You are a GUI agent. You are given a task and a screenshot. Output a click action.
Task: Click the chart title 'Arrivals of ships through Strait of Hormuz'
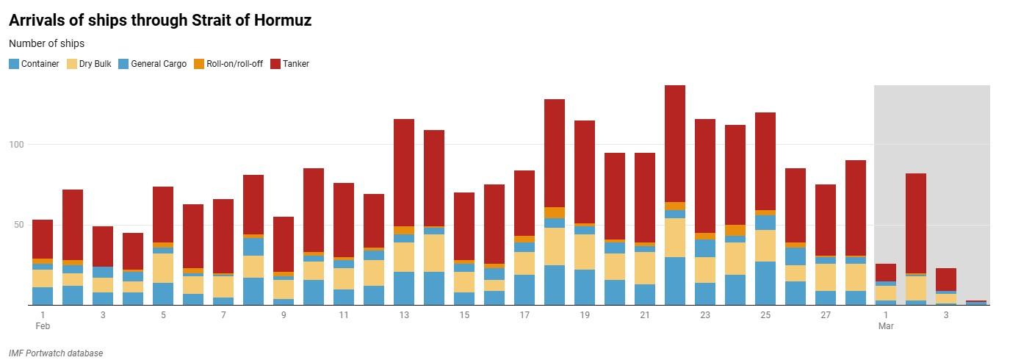(x=160, y=21)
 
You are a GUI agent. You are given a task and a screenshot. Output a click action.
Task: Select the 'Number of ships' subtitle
(x=46, y=43)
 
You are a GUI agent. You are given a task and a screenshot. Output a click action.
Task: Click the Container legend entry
(x=34, y=64)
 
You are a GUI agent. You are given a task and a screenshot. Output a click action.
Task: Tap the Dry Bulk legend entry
(x=90, y=64)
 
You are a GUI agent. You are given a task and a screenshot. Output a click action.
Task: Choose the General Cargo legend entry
(x=152, y=64)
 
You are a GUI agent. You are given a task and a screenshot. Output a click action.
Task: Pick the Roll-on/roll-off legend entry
(x=228, y=64)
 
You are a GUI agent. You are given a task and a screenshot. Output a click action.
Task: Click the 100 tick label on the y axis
(x=16, y=145)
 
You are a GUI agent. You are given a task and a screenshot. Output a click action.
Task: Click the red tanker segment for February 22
(x=675, y=143)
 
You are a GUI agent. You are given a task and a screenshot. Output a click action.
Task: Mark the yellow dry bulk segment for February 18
(x=555, y=246)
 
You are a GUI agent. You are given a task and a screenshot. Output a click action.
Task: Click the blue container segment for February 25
(x=765, y=283)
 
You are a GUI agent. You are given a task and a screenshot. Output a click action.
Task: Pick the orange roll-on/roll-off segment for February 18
(x=555, y=213)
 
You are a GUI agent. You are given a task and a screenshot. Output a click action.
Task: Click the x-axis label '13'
(x=404, y=315)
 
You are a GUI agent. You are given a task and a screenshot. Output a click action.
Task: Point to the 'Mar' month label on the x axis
(x=886, y=325)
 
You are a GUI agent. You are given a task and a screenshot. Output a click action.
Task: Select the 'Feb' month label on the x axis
(x=43, y=325)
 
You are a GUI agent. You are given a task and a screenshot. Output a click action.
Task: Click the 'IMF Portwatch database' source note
(x=56, y=353)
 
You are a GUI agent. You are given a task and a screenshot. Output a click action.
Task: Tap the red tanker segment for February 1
(x=43, y=240)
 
